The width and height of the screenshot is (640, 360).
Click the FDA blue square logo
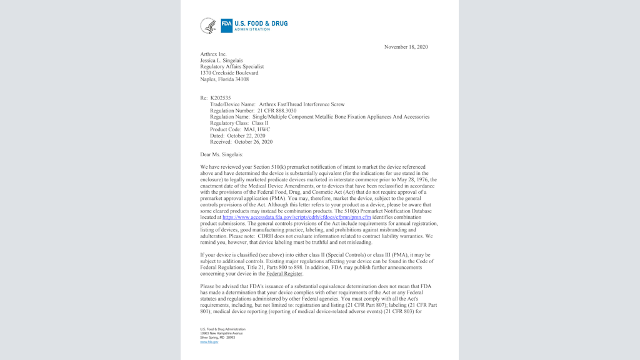(x=226, y=26)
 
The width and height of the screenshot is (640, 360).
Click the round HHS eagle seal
(x=208, y=26)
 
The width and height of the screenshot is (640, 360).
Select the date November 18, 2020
(x=406, y=47)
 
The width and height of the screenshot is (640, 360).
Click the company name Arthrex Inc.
(x=213, y=54)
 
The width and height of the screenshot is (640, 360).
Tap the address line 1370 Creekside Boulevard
(x=229, y=73)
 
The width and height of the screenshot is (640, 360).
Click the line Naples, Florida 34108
(x=224, y=79)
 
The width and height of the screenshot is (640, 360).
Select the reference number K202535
(x=220, y=98)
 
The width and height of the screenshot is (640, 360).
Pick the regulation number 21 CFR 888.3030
(x=277, y=111)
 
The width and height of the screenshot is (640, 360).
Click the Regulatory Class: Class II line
(x=239, y=123)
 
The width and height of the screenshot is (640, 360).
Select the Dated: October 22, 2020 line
(x=237, y=136)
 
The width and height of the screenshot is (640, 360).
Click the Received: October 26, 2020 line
(x=241, y=142)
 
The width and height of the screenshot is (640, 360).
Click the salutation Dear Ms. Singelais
(x=221, y=154)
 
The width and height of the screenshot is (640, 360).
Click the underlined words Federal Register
(x=284, y=274)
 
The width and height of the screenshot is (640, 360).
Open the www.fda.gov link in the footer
(x=209, y=342)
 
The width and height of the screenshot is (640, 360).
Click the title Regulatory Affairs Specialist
(x=232, y=66)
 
